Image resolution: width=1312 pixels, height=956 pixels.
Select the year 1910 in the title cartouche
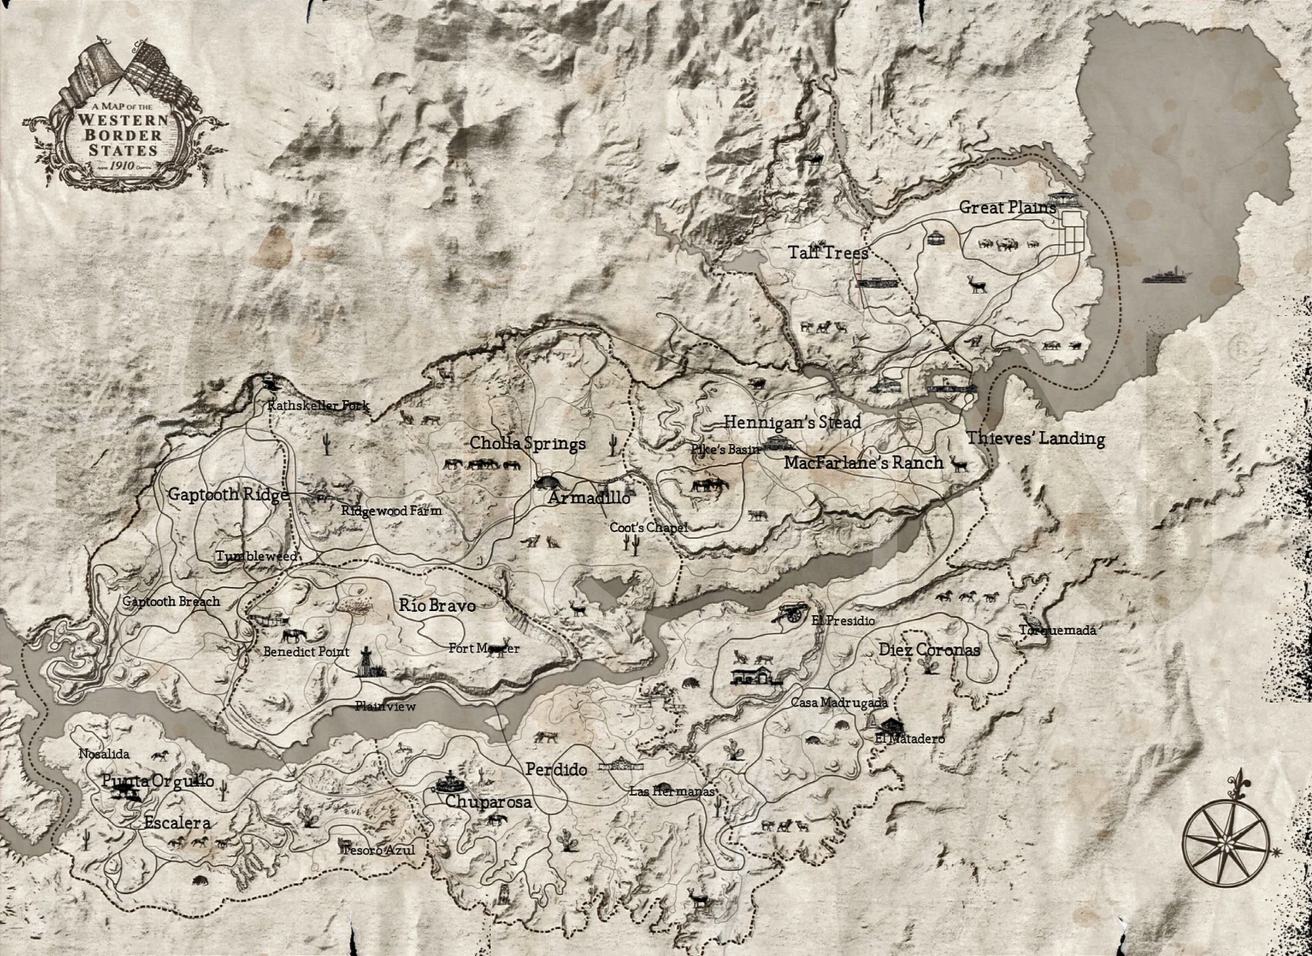click(x=123, y=166)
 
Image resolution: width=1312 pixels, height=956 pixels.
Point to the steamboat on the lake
click(x=1166, y=276)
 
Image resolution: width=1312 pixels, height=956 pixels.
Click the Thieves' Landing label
click(x=1035, y=438)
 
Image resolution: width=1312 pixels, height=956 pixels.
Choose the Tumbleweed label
click(x=256, y=556)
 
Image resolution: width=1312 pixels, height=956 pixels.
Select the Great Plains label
click(x=1008, y=208)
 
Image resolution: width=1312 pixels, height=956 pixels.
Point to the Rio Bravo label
click(x=437, y=605)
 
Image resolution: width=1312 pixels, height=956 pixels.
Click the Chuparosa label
click(x=488, y=802)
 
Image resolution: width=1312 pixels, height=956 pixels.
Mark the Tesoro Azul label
click(x=379, y=850)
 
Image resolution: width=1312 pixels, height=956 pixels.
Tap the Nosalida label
click(x=104, y=754)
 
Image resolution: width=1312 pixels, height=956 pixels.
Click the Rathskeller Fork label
click(x=318, y=406)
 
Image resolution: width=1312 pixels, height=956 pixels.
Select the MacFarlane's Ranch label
click(x=863, y=463)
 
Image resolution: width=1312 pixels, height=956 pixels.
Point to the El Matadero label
click(x=909, y=739)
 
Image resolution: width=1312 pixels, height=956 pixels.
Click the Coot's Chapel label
click(x=648, y=527)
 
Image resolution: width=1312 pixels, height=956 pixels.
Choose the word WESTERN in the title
click(x=123, y=120)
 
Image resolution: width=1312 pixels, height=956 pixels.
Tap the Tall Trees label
click(x=828, y=252)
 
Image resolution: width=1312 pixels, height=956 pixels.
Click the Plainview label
click(x=385, y=706)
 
